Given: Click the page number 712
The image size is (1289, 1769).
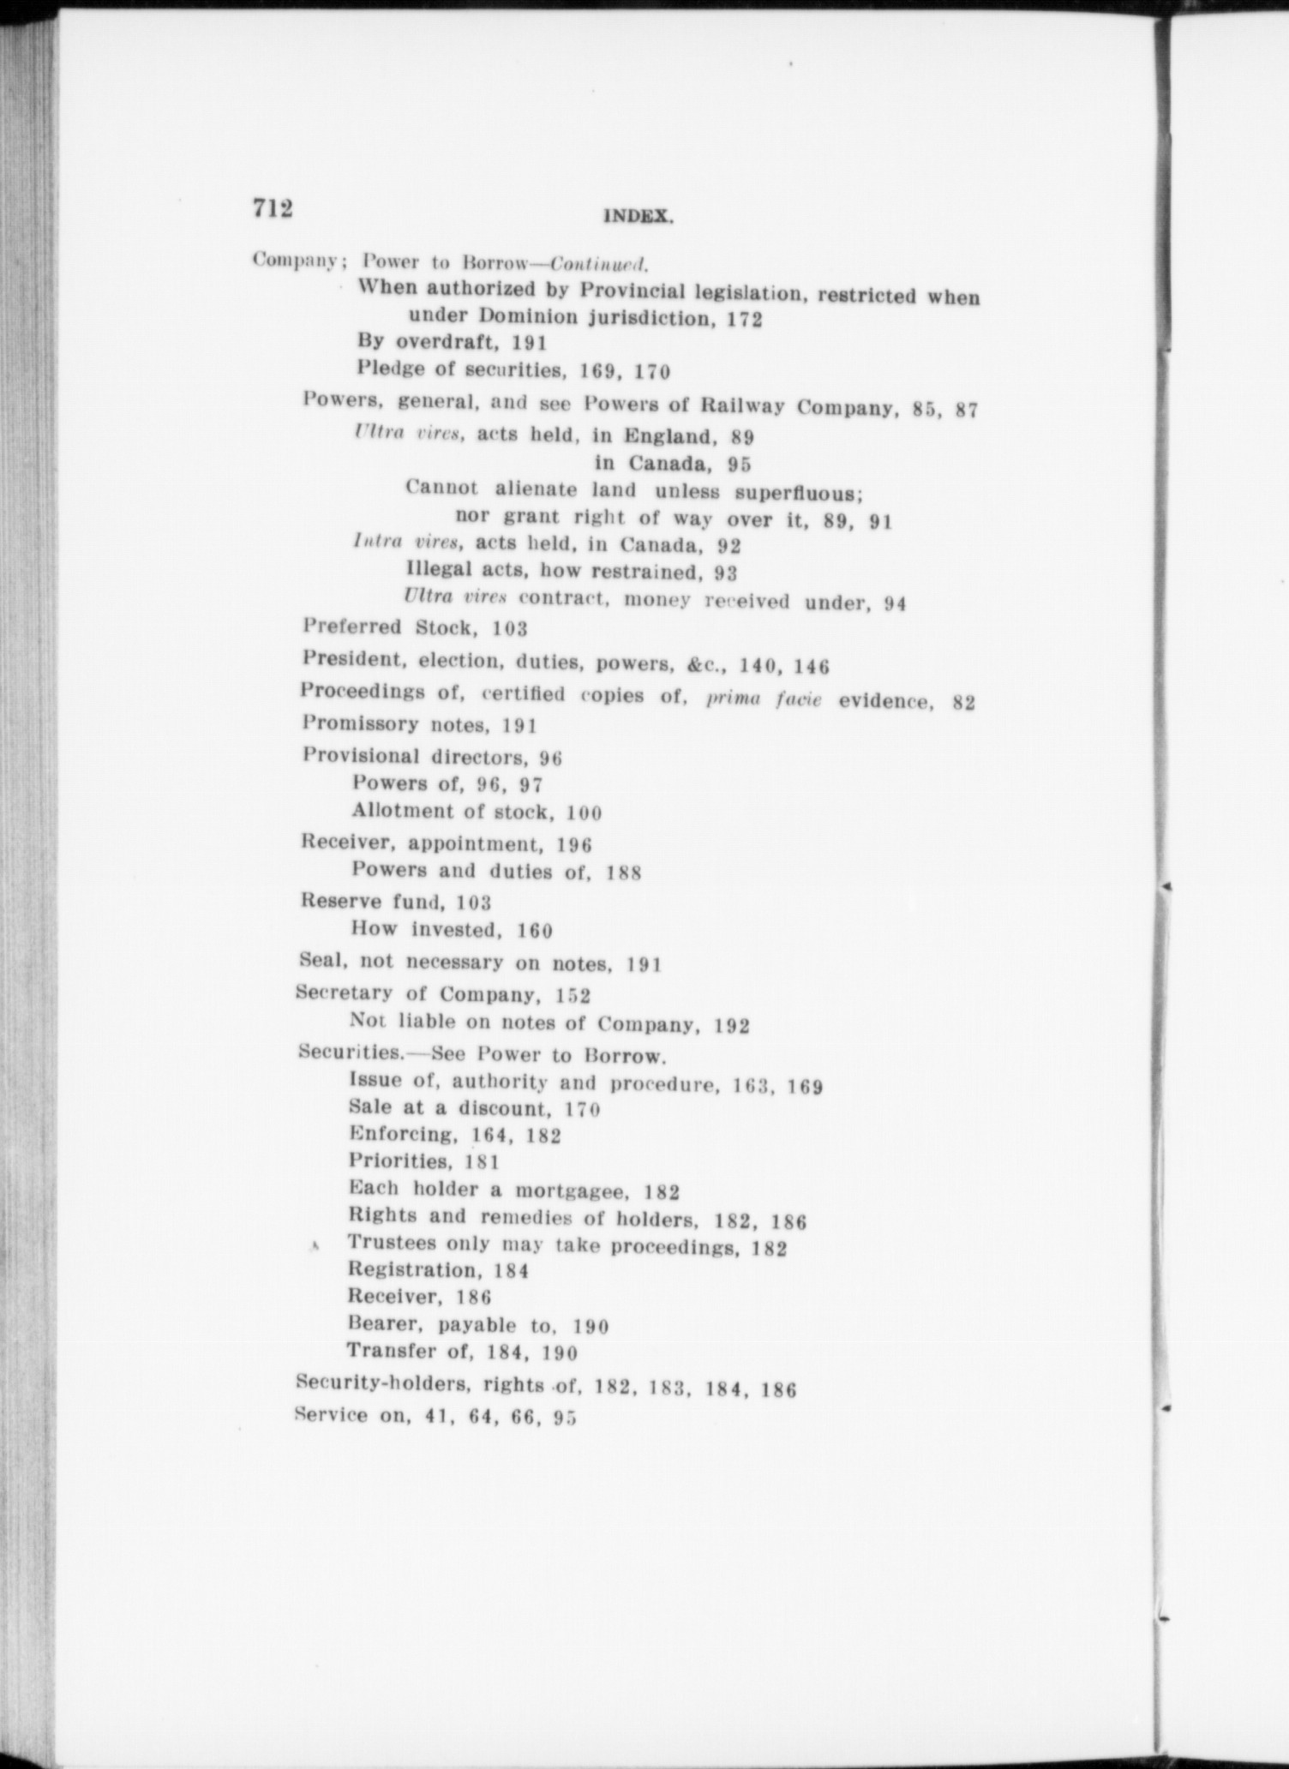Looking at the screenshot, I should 273,207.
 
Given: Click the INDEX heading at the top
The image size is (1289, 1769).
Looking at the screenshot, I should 639,218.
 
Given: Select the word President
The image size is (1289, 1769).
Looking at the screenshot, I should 351,660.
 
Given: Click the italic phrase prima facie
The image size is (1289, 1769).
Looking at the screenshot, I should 763,699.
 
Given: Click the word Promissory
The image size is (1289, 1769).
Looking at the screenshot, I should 359,724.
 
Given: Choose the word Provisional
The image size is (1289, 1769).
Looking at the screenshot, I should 361,756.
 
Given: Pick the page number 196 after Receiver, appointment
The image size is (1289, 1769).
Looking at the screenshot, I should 574,845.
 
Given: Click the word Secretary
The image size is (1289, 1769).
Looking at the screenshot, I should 343,992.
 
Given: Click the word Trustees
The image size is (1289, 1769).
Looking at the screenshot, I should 396,1244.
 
